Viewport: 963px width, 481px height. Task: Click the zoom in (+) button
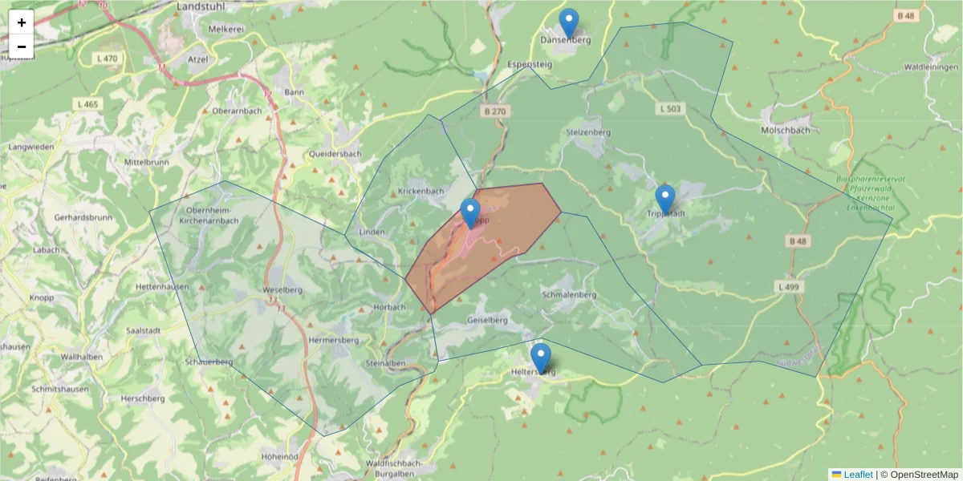click(22, 22)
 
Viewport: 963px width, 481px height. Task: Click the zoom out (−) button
click(22, 46)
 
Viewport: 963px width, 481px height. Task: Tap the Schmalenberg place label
click(569, 294)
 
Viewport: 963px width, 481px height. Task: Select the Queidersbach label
click(335, 154)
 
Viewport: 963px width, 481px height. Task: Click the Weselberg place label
click(282, 289)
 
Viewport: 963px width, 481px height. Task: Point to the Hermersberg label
click(333, 340)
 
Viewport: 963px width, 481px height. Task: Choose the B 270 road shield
click(495, 111)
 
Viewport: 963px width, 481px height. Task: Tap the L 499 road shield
click(788, 286)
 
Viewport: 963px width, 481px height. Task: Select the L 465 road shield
click(87, 104)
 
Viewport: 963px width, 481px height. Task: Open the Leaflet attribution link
click(857, 475)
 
